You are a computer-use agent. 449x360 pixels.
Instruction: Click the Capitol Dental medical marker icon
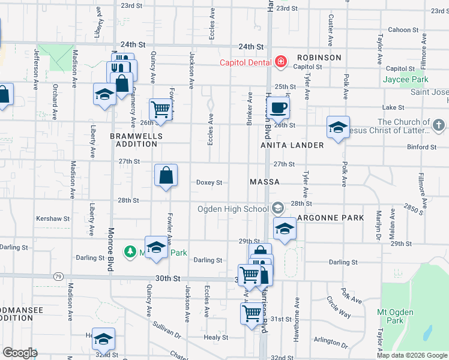(280, 62)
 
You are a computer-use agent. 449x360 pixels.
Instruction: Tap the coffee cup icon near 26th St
(278, 109)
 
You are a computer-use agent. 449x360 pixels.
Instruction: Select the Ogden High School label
(234, 209)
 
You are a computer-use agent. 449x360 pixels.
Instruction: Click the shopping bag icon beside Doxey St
(166, 176)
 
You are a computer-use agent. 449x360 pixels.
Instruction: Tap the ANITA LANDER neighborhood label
(292, 145)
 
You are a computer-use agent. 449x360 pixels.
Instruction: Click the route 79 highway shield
(58, 277)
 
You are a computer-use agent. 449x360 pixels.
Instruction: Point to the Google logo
(20, 353)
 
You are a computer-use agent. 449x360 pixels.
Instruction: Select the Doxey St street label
(209, 182)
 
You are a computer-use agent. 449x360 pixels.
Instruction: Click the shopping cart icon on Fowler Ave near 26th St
(161, 109)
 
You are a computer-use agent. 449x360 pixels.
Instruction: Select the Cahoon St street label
(403, 29)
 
